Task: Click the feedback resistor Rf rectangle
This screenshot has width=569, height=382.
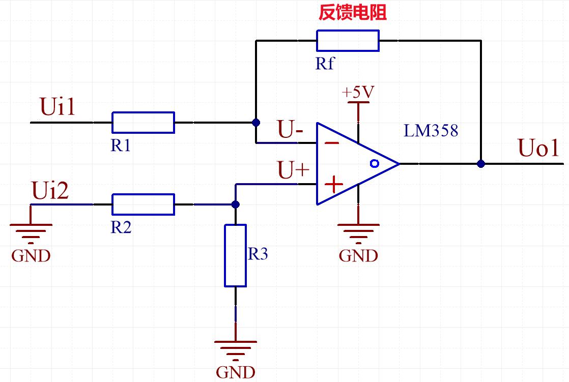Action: [x=348, y=41]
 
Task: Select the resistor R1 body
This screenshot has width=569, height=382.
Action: [x=143, y=122]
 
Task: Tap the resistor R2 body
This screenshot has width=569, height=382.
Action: [x=143, y=204]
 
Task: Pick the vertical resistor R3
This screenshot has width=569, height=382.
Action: [x=235, y=255]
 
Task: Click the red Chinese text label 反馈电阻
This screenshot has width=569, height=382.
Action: [x=353, y=13]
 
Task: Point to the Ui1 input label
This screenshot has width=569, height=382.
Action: [x=57, y=108]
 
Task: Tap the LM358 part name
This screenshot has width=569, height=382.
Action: [x=431, y=131]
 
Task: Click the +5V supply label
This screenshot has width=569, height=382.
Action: [x=358, y=93]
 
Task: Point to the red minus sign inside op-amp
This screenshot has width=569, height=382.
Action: [x=332, y=143]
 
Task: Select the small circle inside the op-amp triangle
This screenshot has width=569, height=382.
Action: [x=375, y=163]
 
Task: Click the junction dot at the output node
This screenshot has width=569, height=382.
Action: [x=480, y=164]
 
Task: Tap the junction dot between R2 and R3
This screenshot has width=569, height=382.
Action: [x=235, y=204]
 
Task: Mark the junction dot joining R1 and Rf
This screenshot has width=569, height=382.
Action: [x=256, y=123]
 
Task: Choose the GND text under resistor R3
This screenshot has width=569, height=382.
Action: [x=235, y=372]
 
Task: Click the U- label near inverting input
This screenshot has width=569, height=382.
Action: [x=290, y=130]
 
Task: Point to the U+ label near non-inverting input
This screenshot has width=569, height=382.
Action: [x=293, y=170]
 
